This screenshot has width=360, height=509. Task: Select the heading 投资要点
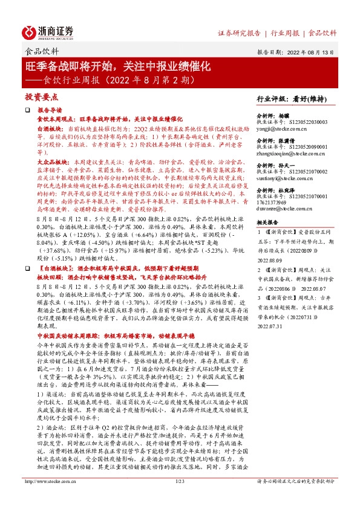pos(41,96)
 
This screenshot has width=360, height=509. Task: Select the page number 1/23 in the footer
pos(180,498)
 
